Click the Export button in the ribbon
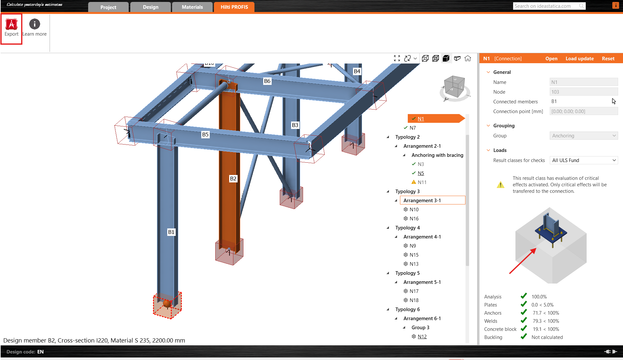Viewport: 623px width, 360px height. (x=12, y=28)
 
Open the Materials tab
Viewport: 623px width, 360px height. (x=192, y=7)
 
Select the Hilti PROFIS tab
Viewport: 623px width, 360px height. (x=234, y=7)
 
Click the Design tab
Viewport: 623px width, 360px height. (x=150, y=7)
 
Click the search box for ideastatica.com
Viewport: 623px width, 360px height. (x=546, y=6)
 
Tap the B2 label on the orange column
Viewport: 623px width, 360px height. (x=233, y=179)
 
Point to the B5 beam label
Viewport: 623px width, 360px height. (x=205, y=134)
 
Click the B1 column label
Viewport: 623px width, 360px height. (x=171, y=232)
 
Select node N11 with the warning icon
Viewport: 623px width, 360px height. (x=422, y=182)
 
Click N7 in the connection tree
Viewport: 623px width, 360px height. (x=413, y=128)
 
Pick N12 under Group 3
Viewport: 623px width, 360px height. (x=422, y=337)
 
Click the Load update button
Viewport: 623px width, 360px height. (x=580, y=59)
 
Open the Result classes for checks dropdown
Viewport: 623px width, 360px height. (x=583, y=160)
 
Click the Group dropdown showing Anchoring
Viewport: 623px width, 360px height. (x=583, y=136)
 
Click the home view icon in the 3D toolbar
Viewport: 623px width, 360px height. (x=468, y=58)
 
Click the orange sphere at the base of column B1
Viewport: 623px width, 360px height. (x=167, y=304)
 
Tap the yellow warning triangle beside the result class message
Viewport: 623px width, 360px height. (x=500, y=185)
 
